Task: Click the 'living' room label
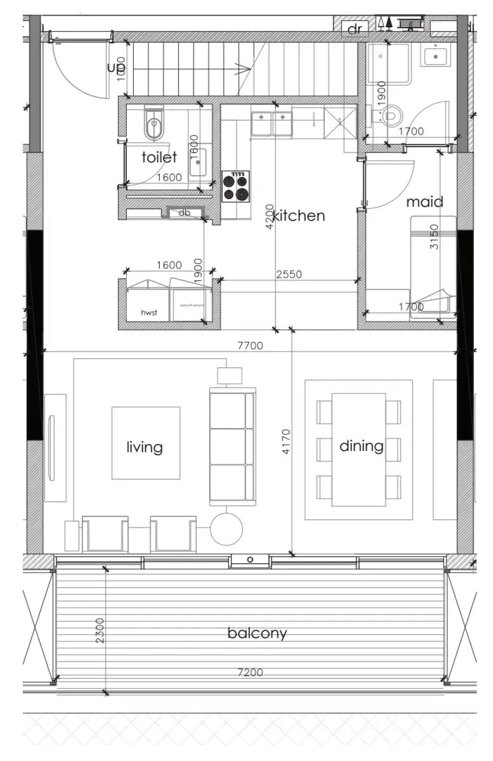point(145,447)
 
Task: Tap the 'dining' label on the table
point(361,446)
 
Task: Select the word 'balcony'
point(257,633)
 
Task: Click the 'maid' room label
point(424,202)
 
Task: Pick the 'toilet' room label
point(159,157)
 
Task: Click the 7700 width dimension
point(249,346)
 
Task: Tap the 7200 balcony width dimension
point(249,672)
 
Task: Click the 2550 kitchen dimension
point(289,275)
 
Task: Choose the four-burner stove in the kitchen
point(236,186)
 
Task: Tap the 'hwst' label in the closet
point(147,313)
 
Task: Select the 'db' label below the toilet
point(184,213)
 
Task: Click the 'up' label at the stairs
point(116,67)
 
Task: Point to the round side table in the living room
point(226,529)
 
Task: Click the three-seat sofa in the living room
point(232,446)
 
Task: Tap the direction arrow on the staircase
point(241,68)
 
